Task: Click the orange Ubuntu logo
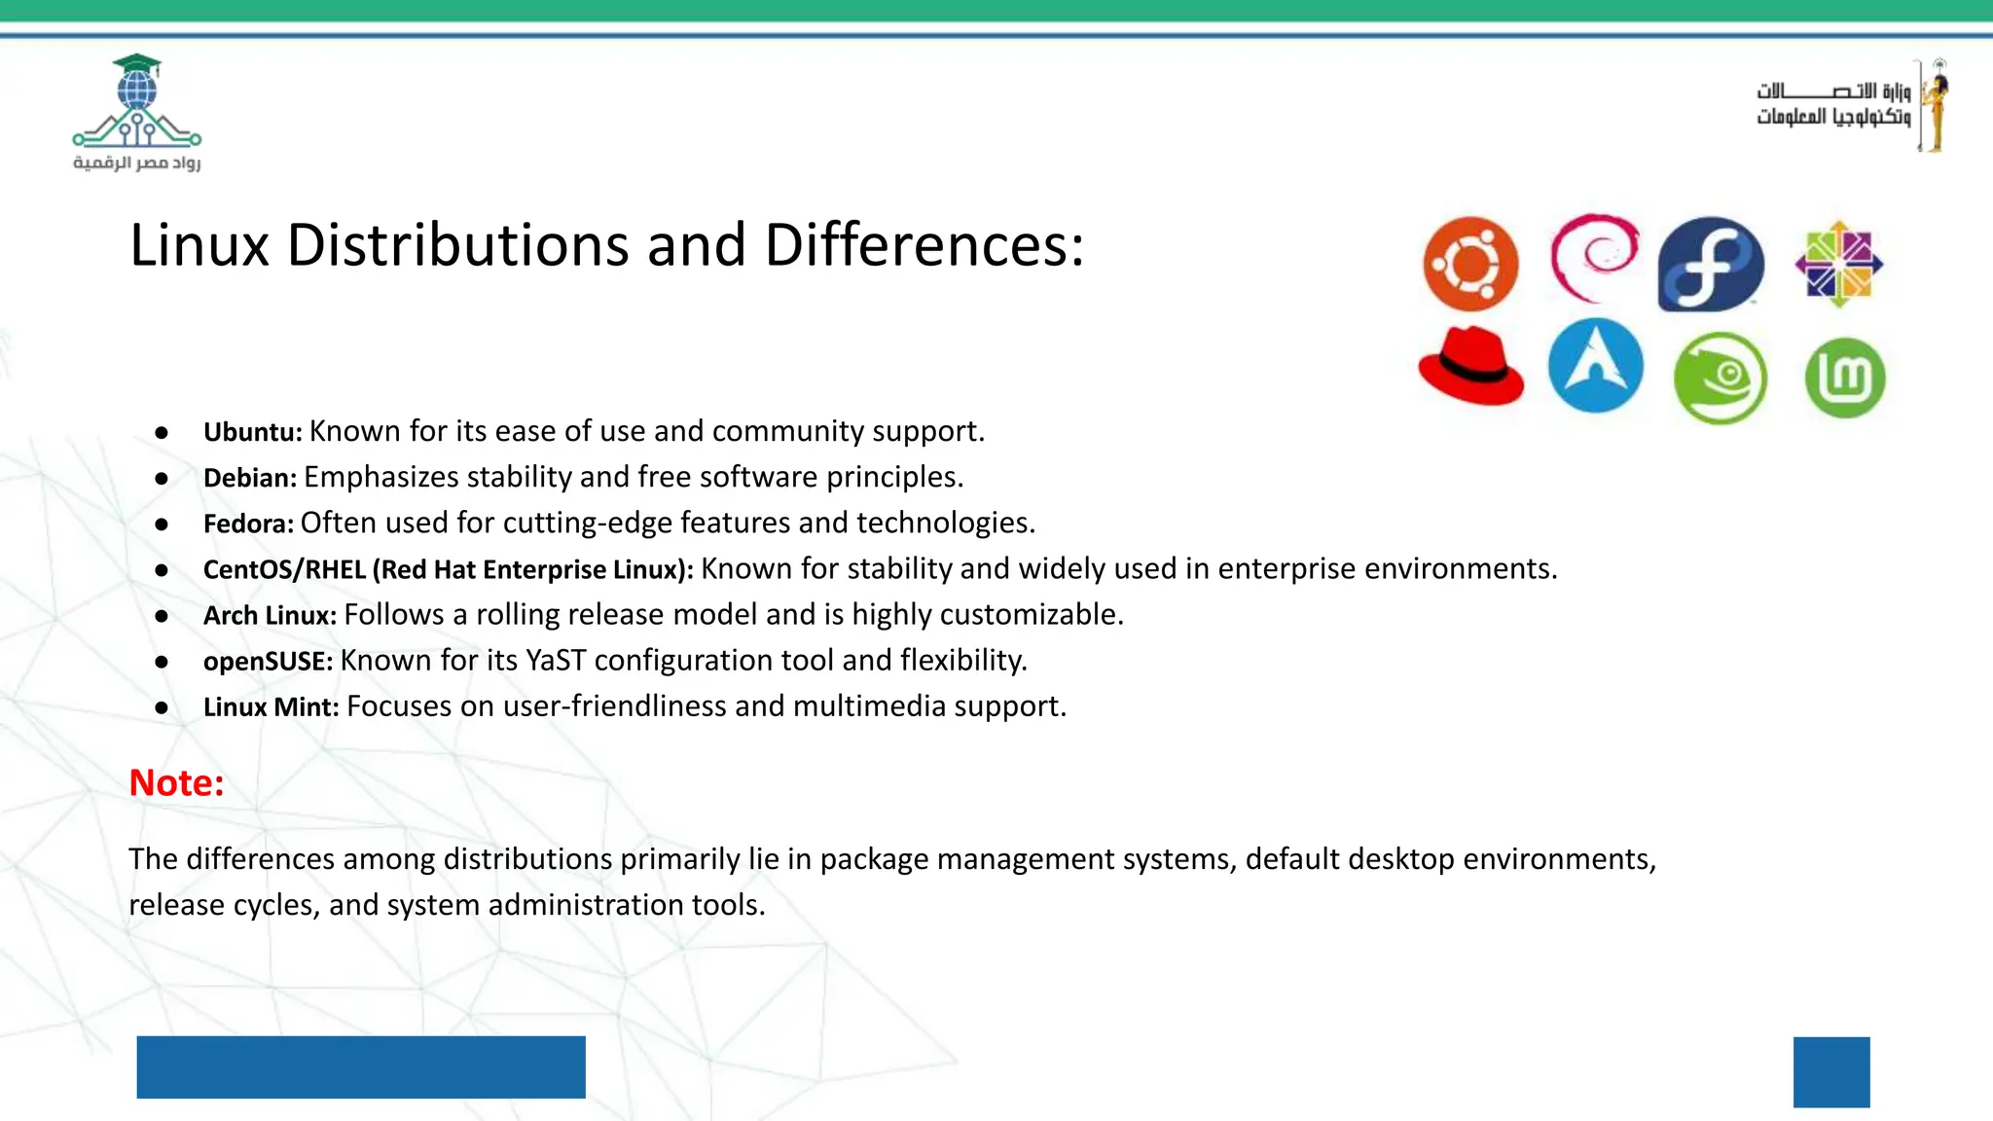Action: [1470, 264]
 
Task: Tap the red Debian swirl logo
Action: [1594, 259]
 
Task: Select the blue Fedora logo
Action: [1711, 265]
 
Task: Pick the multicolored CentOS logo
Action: [1838, 264]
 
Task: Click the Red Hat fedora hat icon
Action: [1470, 366]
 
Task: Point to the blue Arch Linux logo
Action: [1595, 366]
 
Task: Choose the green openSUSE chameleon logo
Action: [1720, 378]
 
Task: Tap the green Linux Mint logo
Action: [1844, 378]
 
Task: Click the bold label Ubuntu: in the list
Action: [252, 432]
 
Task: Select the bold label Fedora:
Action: [248, 524]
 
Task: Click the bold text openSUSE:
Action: [268, 662]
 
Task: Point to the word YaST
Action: [556, 661]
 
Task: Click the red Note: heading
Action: [176, 782]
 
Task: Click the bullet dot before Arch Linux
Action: [162, 616]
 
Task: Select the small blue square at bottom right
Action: [1830, 1071]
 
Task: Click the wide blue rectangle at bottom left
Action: [360, 1067]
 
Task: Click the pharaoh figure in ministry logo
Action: [1936, 105]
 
